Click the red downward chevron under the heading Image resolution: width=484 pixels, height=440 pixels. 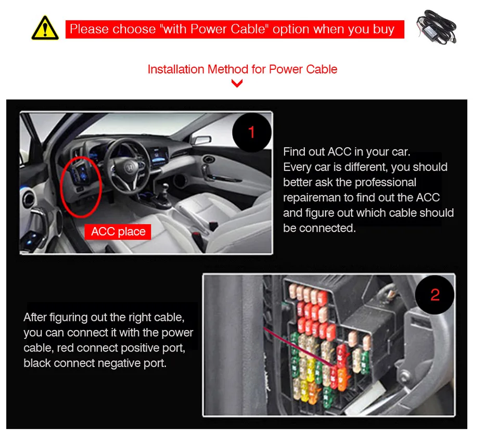(x=237, y=83)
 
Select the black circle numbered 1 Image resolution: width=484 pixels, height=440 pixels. (x=251, y=132)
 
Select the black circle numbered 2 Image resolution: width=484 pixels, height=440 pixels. (x=435, y=295)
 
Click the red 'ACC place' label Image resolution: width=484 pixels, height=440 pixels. (x=118, y=232)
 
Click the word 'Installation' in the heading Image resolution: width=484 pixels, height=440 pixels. (x=176, y=69)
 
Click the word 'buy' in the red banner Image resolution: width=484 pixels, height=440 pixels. (x=384, y=29)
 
